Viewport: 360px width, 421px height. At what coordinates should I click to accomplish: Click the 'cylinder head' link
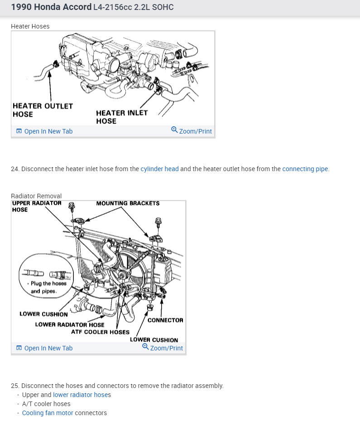tap(159, 169)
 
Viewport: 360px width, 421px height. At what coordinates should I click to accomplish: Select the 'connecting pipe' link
tap(305, 169)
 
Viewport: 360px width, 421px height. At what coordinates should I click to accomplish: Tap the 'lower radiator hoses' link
tap(82, 395)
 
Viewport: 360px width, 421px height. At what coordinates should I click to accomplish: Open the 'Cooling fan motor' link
tap(48, 413)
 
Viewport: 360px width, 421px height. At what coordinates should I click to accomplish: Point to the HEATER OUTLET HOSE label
tap(43, 110)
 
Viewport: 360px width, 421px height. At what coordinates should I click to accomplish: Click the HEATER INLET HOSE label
tap(122, 117)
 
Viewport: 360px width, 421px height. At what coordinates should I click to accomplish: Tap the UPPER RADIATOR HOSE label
tap(37, 206)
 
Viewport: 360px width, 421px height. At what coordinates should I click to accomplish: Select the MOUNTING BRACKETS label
tap(128, 203)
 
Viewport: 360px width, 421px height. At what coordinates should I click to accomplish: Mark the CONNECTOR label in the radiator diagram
tap(165, 320)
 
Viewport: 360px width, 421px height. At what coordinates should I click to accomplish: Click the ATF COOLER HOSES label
tap(100, 332)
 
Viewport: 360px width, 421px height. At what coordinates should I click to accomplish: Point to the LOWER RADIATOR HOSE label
tap(70, 325)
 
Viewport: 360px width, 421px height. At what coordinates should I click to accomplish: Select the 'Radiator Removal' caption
tap(36, 196)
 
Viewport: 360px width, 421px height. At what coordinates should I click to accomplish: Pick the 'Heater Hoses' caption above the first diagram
tap(30, 26)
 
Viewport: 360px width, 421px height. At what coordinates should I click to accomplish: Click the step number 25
tap(15, 386)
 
